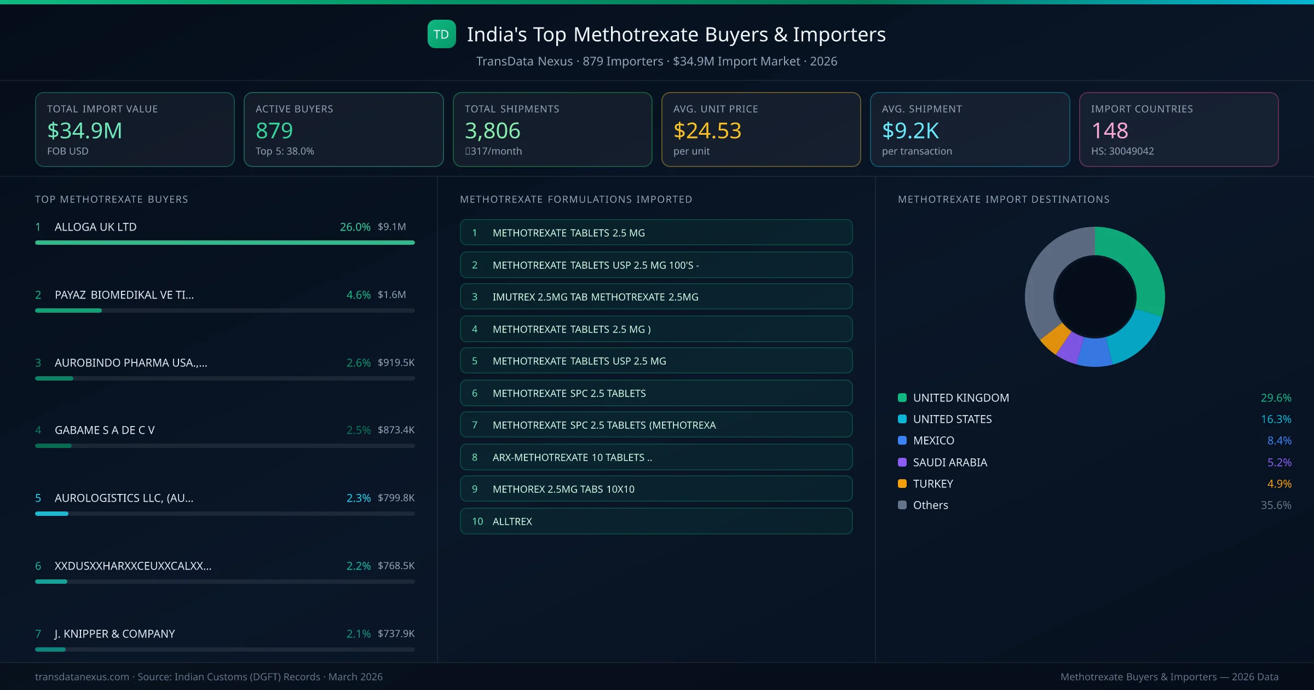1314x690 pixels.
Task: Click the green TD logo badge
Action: (441, 34)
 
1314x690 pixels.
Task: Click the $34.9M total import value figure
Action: (84, 131)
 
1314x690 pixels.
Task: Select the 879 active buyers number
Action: (274, 131)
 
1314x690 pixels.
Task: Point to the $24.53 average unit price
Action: (707, 131)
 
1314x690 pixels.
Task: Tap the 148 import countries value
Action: (1109, 131)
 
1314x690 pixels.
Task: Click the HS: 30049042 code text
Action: (1122, 151)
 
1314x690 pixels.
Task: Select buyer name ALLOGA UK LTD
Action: (95, 227)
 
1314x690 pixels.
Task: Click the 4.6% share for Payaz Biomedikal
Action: (358, 295)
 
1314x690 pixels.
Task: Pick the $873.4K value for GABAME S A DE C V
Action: (396, 430)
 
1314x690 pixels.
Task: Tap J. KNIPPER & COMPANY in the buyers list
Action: (114, 634)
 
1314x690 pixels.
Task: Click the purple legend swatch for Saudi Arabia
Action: (902, 462)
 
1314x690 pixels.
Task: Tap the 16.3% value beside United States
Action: (1276, 419)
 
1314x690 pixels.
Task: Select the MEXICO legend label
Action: (933, 440)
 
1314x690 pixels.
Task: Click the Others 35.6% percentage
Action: (1276, 505)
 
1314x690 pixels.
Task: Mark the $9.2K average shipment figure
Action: (910, 131)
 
